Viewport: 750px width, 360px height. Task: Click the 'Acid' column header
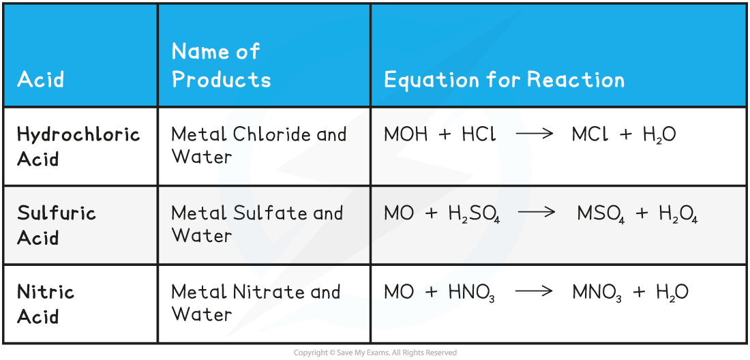coord(41,80)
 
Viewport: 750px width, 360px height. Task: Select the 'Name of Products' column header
coord(221,65)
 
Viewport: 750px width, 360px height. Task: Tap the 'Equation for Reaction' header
coord(504,80)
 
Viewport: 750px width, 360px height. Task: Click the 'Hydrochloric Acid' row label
coord(78,146)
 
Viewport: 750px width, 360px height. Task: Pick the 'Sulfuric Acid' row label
coord(57,225)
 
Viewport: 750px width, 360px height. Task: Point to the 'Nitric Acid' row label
coord(46,304)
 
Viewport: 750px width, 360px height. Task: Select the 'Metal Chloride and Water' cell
coord(258,145)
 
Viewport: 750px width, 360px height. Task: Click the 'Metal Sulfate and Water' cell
coord(256,224)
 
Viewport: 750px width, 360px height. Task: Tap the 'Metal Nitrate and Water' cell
coord(256,303)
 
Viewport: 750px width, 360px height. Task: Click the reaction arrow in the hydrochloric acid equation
coord(535,134)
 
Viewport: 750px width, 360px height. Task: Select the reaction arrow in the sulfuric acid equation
coord(537,213)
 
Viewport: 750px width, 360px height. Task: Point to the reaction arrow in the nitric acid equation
coord(535,292)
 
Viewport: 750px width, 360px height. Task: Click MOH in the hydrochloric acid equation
coord(407,134)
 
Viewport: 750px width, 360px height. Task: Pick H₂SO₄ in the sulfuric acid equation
coord(474,214)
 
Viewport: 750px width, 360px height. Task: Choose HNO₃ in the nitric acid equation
coord(471,293)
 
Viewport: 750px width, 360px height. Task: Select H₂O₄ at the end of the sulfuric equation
coord(678,214)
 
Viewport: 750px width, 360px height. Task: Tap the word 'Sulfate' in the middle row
coord(265,213)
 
